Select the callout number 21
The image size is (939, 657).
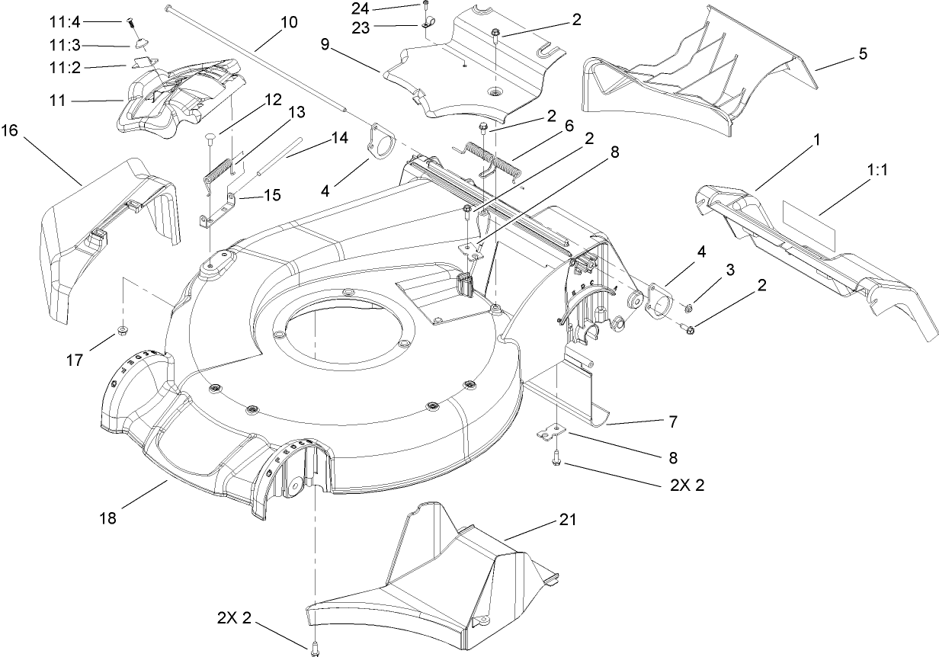tap(569, 521)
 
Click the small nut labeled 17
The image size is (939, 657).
tap(121, 331)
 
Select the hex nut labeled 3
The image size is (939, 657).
tap(688, 309)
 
